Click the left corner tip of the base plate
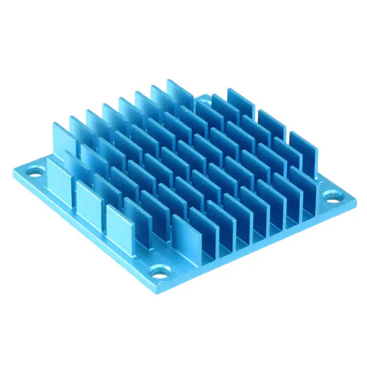tap(13, 170)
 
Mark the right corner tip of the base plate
tap(355, 202)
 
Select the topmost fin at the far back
tap(179, 92)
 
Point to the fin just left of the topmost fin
tap(163, 97)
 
